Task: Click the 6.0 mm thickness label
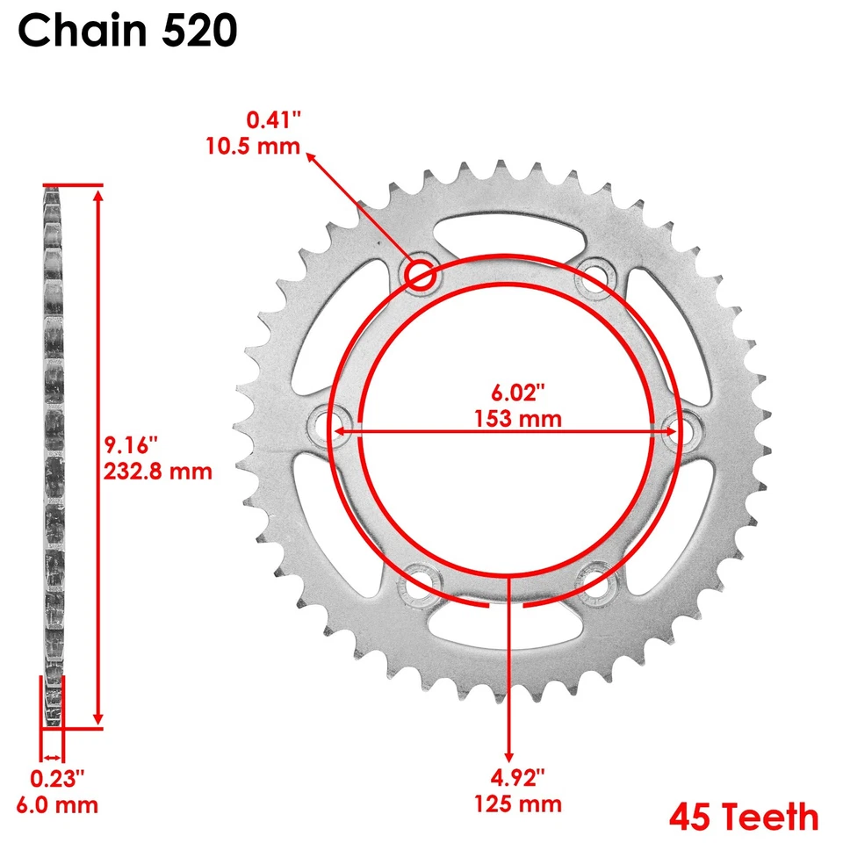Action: tap(57, 804)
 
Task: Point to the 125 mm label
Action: tap(516, 803)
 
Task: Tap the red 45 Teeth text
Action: tap(743, 818)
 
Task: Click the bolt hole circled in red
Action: tap(421, 275)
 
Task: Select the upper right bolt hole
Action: tap(593, 274)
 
